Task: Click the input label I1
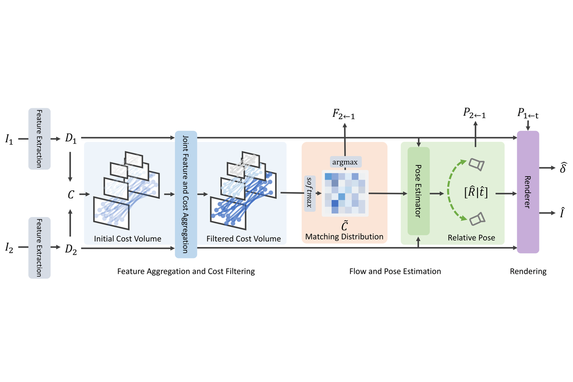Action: click(x=9, y=139)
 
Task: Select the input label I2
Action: click(x=9, y=248)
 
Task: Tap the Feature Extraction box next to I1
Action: click(x=39, y=139)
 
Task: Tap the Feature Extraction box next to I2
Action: click(x=39, y=248)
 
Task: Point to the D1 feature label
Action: click(x=71, y=138)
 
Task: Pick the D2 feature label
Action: click(x=71, y=249)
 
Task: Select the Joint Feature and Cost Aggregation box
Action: click(x=186, y=194)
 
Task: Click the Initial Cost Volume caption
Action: click(x=128, y=239)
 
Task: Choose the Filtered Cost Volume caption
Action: click(x=243, y=239)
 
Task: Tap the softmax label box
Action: click(x=310, y=193)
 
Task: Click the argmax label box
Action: click(x=345, y=162)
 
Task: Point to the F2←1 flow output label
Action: click(x=343, y=114)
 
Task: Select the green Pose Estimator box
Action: click(x=419, y=191)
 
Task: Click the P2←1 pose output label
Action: click(x=474, y=113)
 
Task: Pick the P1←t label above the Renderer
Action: click(x=528, y=113)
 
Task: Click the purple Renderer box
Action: click(x=528, y=192)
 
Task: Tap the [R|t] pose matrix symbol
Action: click(x=476, y=192)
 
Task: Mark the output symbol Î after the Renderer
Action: click(x=562, y=213)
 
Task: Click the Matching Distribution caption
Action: click(x=344, y=237)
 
